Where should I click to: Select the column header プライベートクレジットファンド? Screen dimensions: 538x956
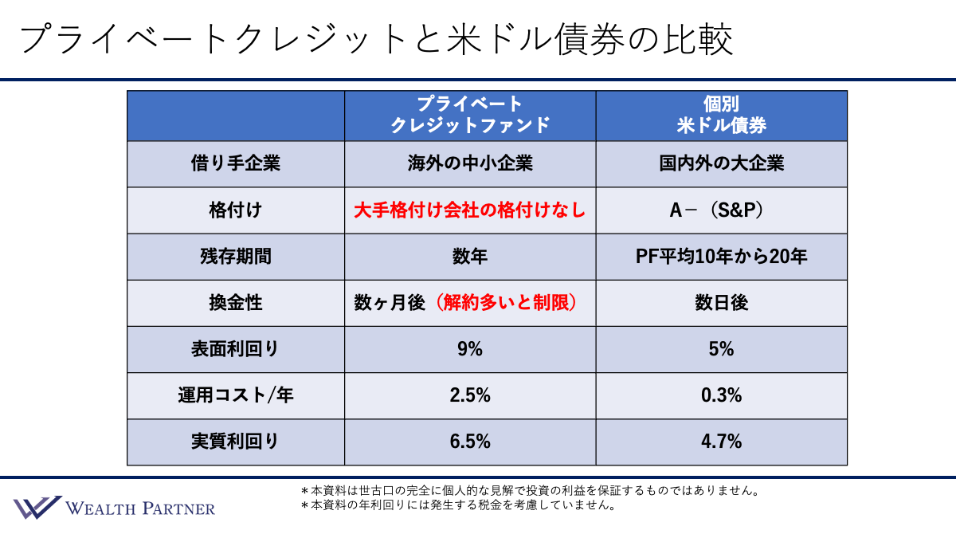tap(470, 115)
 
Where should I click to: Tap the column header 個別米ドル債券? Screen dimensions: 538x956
tap(721, 115)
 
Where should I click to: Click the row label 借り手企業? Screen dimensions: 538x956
tap(236, 164)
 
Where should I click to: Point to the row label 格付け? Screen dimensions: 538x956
tap(236, 210)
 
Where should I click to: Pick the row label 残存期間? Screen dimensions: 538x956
tap(236, 257)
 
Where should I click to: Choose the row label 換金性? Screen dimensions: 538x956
tap(236, 303)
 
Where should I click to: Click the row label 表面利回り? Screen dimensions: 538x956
tap(236, 349)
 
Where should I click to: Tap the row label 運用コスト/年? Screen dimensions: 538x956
tap(236, 395)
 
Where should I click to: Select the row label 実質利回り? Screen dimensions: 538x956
tap(236, 442)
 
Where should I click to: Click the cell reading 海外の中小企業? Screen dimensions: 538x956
tap(470, 164)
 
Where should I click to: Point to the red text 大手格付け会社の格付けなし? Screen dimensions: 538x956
tap(470, 210)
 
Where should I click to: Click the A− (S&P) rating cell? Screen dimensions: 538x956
tap(721, 210)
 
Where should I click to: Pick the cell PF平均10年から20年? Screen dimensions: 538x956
tap(721, 257)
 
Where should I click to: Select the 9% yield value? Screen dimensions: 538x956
tap(470, 349)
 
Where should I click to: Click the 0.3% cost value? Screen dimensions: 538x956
tap(721, 395)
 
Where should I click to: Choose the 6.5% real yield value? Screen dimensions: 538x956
tap(470, 442)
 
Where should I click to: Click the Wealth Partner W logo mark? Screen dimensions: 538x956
tap(37, 507)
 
